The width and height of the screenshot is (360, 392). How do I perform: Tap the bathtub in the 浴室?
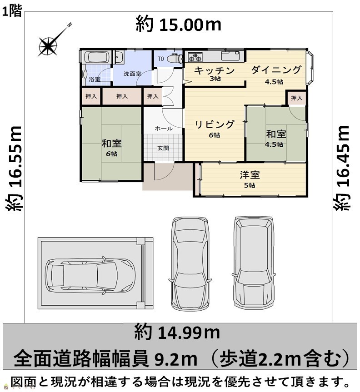click(96, 57)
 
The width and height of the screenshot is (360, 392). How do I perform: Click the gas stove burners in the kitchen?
click(195, 57)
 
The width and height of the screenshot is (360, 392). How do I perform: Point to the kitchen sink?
click(230, 56)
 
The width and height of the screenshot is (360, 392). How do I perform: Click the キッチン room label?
click(215, 70)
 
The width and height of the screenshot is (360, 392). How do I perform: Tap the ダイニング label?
click(276, 70)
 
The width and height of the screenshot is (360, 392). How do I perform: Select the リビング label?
click(215, 124)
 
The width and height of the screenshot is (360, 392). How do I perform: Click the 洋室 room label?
click(250, 175)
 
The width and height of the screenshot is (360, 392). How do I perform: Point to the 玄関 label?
click(163, 148)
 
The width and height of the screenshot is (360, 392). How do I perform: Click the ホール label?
click(164, 129)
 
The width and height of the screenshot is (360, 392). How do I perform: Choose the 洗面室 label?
click(132, 74)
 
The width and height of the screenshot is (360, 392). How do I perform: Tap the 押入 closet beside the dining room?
click(296, 98)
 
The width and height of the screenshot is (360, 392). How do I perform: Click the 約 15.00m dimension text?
click(178, 24)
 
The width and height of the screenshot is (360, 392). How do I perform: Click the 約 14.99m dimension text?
click(177, 332)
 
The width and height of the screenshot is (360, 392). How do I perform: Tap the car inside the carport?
click(90, 276)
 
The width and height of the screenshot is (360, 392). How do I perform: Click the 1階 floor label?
click(12, 11)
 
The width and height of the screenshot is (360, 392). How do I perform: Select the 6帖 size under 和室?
click(111, 154)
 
